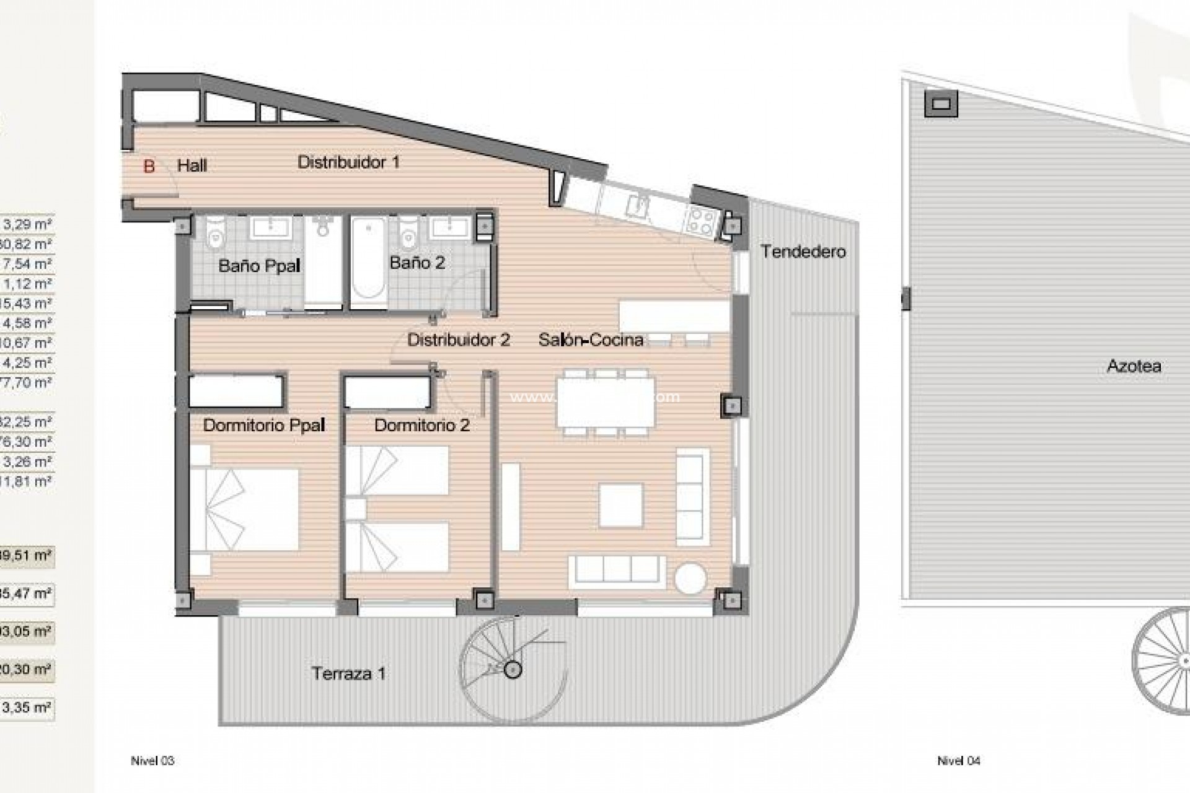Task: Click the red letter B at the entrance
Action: tap(149, 166)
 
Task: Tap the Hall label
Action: tap(192, 165)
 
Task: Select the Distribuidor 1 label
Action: tap(348, 162)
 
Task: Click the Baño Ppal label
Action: tap(259, 266)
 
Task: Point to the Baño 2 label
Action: tap(417, 263)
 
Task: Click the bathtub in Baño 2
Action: tap(368, 262)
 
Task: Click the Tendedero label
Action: tap(803, 252)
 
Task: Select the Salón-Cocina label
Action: tap(590, 340)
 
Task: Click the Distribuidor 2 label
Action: tap(459, 340)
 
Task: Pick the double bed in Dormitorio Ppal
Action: tap(244, 509)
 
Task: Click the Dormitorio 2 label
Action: tap(421, 425)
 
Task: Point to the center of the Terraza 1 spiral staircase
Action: tap(513, 670)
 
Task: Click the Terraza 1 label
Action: tap(348, 673)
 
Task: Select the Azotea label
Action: tap(1134, 366)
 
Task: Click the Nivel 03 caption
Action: tap(152, 761)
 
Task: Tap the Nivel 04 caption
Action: tap(958, 761)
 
